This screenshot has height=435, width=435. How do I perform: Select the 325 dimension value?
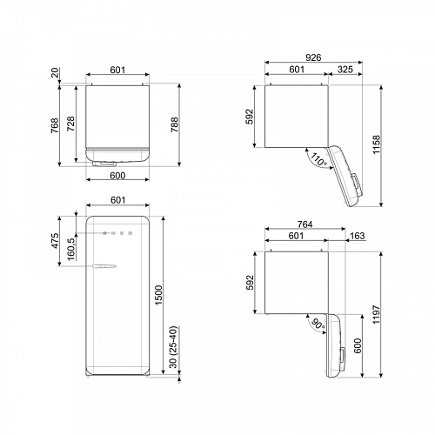pos(345,69)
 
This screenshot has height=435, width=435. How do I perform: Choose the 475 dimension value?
pos(56,241)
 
